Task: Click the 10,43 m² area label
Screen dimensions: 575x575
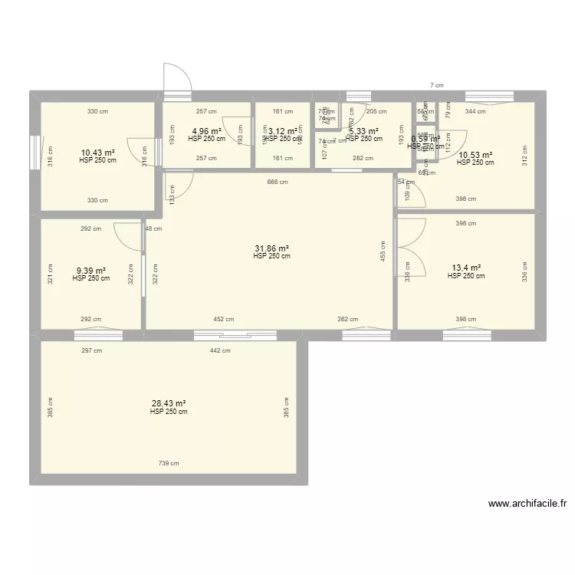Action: click(x=97, y=153)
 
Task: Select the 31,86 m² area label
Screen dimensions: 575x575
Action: click(x=272, y=248)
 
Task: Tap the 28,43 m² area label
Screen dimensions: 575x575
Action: click(x=169, y=403)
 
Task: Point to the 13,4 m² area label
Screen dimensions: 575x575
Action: click(x=465, y=268)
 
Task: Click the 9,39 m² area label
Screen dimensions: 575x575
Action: click(x=90, y=271)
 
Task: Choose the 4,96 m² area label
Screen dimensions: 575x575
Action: click(x=206, y=131)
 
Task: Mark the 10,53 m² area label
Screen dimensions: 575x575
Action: click(x=475, y=155)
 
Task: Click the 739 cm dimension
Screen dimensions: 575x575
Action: click(x=169, y=463)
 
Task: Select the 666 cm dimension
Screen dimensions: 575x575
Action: click(x=278, y=182)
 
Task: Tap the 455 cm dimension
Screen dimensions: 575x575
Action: click(x=383, y=250)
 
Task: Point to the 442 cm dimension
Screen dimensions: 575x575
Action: click(x=220, y=350)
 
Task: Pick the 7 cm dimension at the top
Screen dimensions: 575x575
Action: click(x=435, y=86)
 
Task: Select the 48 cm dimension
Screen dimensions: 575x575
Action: click(x=153, y=228)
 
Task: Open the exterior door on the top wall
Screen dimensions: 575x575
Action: click(x=176, y=79)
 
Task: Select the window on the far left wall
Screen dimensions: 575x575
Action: click(x=34, y=150)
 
